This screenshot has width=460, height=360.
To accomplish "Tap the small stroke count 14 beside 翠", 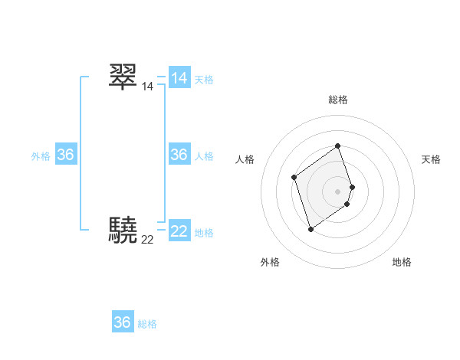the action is (x=147, y=87).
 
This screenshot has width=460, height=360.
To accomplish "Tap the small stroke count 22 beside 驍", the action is (x=147, y=240).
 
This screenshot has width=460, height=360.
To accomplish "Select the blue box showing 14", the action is (x=179, y=78).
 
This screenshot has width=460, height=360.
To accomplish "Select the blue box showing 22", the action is (x=179, y=231).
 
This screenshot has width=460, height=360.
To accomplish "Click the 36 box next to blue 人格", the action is (x=179, y=155).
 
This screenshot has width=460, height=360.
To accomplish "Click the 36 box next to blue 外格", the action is (x=66, y=155).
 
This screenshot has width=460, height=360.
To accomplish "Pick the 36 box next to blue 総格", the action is (x=123, y=322).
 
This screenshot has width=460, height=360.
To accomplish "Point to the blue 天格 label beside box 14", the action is (x=204, y=80).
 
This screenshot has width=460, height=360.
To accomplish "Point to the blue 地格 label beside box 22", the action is (x=204, y=233).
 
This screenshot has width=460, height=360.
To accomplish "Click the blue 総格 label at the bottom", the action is (x=147, y=324).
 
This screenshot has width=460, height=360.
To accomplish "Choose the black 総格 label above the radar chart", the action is (x=338, y=100).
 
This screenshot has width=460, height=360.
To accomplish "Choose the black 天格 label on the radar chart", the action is (x=431, y=159).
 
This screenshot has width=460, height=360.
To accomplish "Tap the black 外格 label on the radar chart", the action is (x=270, y=262).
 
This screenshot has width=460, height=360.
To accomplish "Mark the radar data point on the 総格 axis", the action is (x=338, y=146).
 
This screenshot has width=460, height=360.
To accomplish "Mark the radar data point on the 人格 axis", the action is (x=294, y=178).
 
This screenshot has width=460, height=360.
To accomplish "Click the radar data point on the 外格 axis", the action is (x=310, y=228).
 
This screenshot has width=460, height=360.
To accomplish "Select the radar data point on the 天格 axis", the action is (x=352, y=187).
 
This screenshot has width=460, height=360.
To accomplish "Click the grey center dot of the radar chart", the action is (x=338, y=191).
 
